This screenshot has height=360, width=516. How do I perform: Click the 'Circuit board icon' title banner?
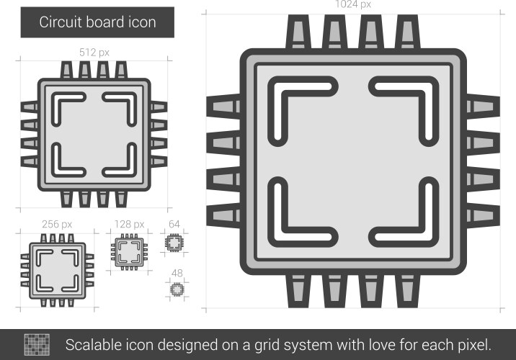tap(97, 22)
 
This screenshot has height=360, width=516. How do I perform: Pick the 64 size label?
tap(174, 224)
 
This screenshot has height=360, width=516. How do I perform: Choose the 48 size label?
tap(175, 273)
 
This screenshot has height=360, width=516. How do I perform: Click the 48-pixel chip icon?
tap(176, 289)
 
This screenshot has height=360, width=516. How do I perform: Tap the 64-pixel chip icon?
tap(174, 244)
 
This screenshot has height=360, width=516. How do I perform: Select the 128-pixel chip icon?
tap(129, 251)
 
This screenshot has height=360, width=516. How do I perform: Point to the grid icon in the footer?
tap(37, 343)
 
